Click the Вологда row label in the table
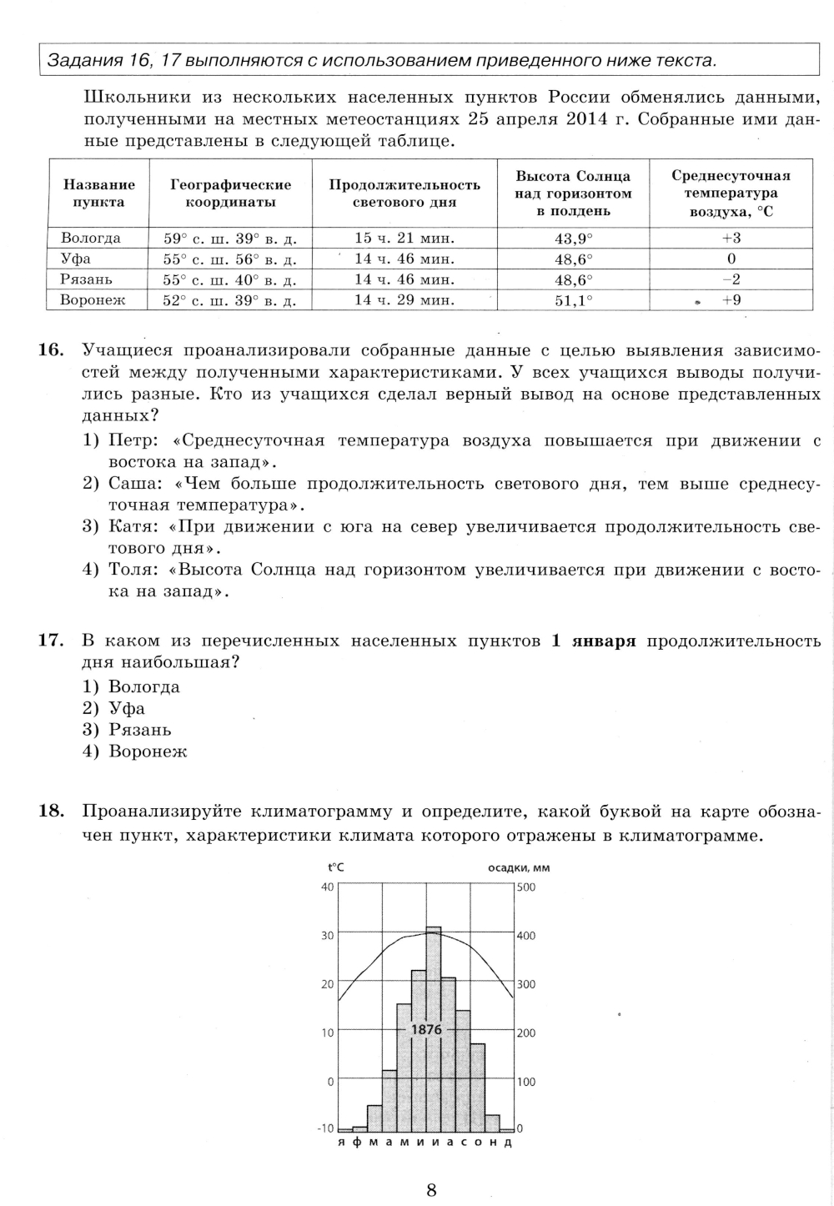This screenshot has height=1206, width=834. point(90,239)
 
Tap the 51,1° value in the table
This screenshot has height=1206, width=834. point(573,300)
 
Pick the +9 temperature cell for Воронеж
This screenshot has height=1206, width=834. point(731,300)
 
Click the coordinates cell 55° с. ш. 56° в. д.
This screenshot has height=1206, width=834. point(229,259)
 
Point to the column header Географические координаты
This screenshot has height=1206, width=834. point(230,193)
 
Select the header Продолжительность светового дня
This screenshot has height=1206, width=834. point(404,193)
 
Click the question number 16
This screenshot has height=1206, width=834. point(52,349)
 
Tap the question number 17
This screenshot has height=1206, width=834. point(52,641)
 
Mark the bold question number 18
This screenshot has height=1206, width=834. point(52,811)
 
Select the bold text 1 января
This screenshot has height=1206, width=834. point(593,641)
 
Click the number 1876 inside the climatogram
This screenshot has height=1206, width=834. point(426,1029)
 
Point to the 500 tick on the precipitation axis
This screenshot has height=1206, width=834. point(526,887)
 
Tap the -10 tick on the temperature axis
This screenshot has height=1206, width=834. point(325,1128)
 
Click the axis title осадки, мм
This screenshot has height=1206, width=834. point(518,867)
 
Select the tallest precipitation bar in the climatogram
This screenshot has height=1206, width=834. point(434,1026)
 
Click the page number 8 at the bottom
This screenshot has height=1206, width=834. point(431,1190)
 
